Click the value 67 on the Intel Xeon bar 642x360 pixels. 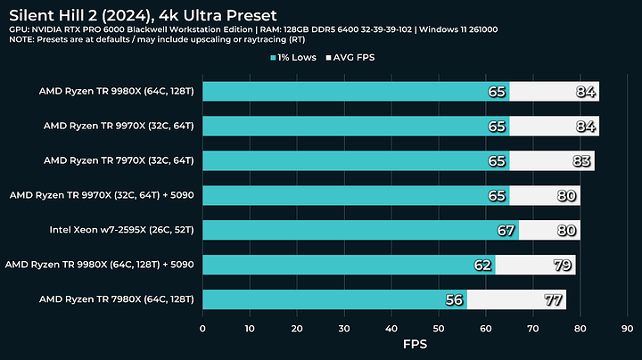(506, 230)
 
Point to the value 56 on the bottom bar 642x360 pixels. (455, 299)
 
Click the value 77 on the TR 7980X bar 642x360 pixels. (554, 299)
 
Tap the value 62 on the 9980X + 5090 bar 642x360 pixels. (483, 265)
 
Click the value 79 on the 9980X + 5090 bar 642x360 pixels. (563, 265)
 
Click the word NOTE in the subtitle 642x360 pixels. (25, 40)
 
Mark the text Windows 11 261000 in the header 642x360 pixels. (461, 29)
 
